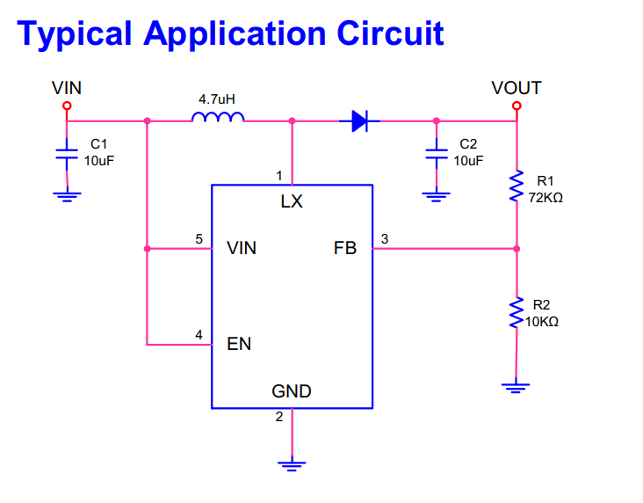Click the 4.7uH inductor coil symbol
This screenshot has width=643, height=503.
tap(218, 117)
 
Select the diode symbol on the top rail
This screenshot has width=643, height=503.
tap(359, 120)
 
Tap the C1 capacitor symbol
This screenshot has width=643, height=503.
tap(67, 154)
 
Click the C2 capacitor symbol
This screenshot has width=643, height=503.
tap(437, 154)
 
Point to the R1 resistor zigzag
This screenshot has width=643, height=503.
tap(517, 186)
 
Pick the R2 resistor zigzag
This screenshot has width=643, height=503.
tap(517, 312)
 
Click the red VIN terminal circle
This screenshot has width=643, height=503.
tap(67, 106)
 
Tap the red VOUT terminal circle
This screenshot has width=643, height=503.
tap(517, 106)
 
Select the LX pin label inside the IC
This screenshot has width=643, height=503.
tap(292, 201)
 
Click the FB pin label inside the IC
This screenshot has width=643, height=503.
tap(345, 248)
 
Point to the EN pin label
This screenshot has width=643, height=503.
tap(239, 344)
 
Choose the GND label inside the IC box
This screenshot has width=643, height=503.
tap(292, 391)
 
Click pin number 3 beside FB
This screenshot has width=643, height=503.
tap(385, 239)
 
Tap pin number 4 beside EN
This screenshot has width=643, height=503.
tap(199, 335)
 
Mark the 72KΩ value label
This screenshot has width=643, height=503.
tap(545, 198)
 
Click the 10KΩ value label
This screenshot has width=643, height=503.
tap(542, 322)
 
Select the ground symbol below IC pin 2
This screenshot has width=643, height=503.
tap(292, 466)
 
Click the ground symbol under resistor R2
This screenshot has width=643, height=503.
tap(516, 388)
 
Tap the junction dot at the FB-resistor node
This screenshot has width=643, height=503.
tap(517, 249)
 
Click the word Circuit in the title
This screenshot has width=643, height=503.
tap(390, 33)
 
